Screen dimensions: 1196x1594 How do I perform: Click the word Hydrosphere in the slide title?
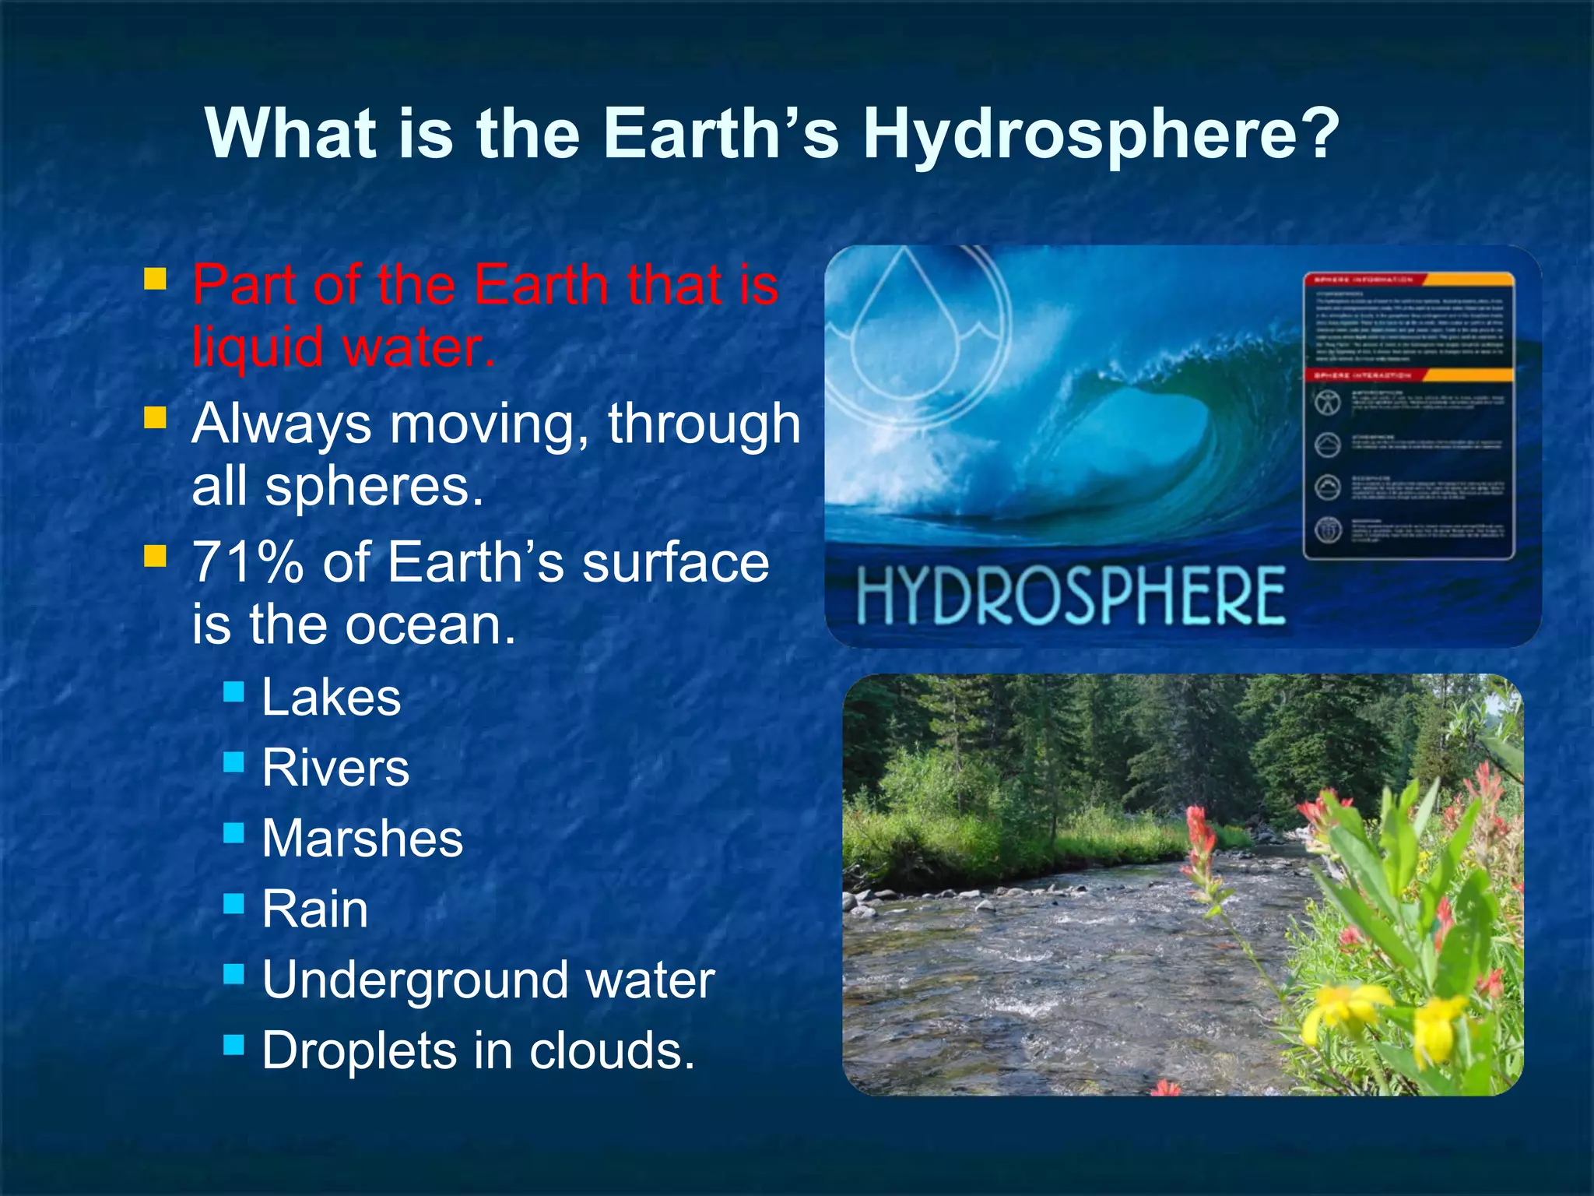tap(1101, 134)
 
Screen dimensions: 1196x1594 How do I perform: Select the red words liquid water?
tap(342, 347)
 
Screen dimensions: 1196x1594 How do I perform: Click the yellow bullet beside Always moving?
tap(156, 418)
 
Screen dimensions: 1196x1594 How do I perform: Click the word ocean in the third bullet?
tap(430, 624)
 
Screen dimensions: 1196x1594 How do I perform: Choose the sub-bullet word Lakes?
tap(331, 696)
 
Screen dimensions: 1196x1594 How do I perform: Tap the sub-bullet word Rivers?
tap(335, 768)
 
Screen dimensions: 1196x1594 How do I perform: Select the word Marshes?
tap(362, 839)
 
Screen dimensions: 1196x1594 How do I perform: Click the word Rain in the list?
tap(314, 909)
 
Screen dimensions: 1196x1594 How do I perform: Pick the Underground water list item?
tap(487, 980)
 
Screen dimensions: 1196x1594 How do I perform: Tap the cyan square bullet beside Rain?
tap(233, 903)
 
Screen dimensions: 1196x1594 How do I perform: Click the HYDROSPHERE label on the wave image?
tap(1071, 596)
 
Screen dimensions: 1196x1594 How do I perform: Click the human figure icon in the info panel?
tap(1328, 402)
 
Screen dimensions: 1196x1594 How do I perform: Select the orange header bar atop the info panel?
tap(1409, 280)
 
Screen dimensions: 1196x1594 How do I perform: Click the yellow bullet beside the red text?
tap(156, 279)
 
